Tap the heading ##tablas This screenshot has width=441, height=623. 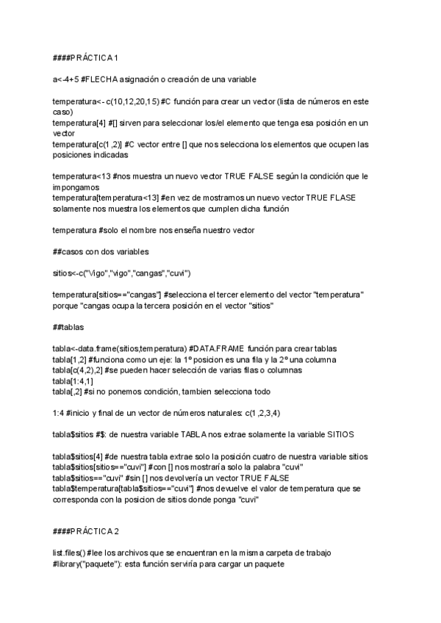(x=68, y=318)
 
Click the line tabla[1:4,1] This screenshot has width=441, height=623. (x=72, y=381)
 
